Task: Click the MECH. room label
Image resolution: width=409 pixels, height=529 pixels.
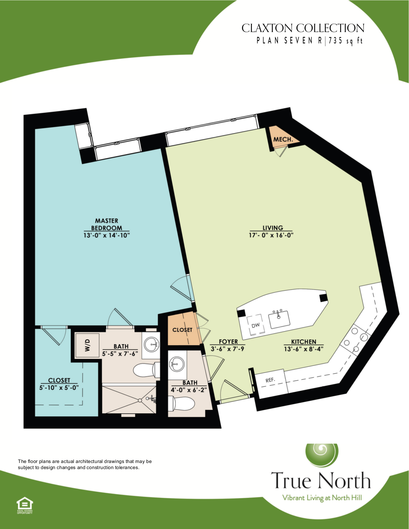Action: pyautogui.click(x=283, y=139)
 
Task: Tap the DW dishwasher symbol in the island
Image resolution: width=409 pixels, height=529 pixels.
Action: pyautogui.click(x=255, y=325)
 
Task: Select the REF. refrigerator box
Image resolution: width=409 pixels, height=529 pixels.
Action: pyautogui.click(x=270, y=380)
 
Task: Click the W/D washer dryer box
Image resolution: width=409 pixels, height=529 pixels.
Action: pyautogui.click(x=87, y=345)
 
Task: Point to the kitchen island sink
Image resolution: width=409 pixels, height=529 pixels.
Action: pyautogui.click(x=279, y=319)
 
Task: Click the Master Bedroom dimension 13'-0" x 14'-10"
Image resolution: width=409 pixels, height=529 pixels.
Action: pyautogui.click(x=106, y=235)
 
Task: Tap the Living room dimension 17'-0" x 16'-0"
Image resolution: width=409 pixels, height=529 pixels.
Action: pyautogui.click(x=271, y=235)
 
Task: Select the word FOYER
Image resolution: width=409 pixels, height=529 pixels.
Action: pyautogui.click(x=228, y=342)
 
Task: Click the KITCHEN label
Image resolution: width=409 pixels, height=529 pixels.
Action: pyautogui.click(x=304, y=342)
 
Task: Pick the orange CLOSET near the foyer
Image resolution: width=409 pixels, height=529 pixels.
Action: pyautogui.click(x=182, y=330)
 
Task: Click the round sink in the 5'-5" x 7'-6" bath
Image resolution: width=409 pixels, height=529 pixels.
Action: pyautogui.click(x=151, y=345)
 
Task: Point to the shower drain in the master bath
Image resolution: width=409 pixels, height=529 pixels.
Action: pyautogui.click(x=140, y=400)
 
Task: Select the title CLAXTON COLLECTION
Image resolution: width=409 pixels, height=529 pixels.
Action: pyautogui.click(x=303, y=28)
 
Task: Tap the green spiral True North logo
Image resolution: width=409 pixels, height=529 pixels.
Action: pyautogui.click(x=321, y=454)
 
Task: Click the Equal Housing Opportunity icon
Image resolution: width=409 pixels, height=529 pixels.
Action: pyautogui.click(x=25, y=505)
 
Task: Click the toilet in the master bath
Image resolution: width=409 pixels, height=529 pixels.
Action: pyautogui.click(x=146, y=370)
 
